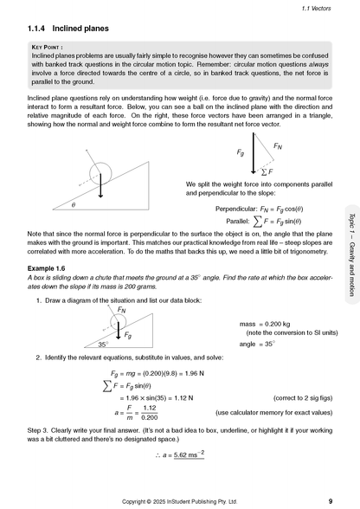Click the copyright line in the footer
pyautogui.click(x=180, y=500)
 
